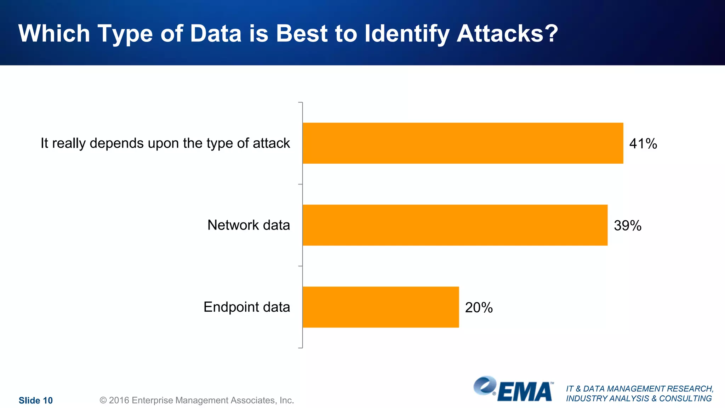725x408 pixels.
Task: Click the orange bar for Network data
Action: [x=455, y=225]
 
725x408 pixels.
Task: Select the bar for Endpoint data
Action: [x=381, y=307]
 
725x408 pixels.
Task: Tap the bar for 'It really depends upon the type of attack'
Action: [x=463, y=143]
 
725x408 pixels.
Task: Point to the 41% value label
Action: [x=643, y=144]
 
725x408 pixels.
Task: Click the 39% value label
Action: [x=627, y=226]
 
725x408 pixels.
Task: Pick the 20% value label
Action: [x=479, y=307]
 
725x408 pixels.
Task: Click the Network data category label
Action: [x=249, y=225]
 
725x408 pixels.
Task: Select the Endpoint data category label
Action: [x=247, y=307]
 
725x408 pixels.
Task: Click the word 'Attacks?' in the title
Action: [x=507, y=34]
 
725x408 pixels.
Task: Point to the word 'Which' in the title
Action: [x=54, y=34]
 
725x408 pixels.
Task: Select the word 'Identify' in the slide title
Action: [x=407, y=34]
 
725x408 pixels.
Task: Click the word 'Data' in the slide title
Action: [x=216, y=34]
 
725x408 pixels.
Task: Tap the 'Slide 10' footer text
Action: [x=36, y=400]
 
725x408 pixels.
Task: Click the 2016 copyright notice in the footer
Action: [x=197, y=400]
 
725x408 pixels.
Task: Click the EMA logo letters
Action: [x=525, y=392]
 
